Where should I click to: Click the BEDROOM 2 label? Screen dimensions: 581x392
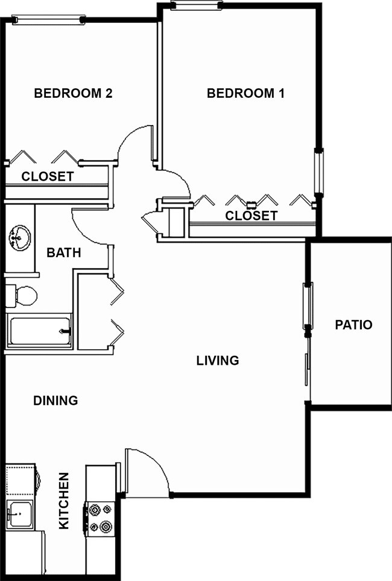pyautogui.click(x=74, y=94)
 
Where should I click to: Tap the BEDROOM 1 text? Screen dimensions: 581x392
pyautogui.click(x=245, y=94)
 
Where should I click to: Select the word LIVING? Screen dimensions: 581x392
pyautogui.click(x=218, y=361)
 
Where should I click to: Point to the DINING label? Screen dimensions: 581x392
pyautogui.click(x=55, y=400)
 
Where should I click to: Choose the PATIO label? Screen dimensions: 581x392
pyautogui.click(x=353, y=325)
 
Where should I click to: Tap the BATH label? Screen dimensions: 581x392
pyautogui.click(x=64, y=253)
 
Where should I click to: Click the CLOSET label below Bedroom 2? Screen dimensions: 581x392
pyautogui.click(x=48, y=177)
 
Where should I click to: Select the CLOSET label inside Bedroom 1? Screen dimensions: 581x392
pyautogui.click(x=251, y=216)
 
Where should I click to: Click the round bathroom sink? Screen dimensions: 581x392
pyautogui.click(x=20, y=237)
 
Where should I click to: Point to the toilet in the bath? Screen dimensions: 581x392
pyautogui.click(x=22, y=295)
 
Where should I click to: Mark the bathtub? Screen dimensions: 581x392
pyautogui.click(x=39, y=330)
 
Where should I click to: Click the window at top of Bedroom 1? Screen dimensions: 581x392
pyautogui.click(x=196, y=6)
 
